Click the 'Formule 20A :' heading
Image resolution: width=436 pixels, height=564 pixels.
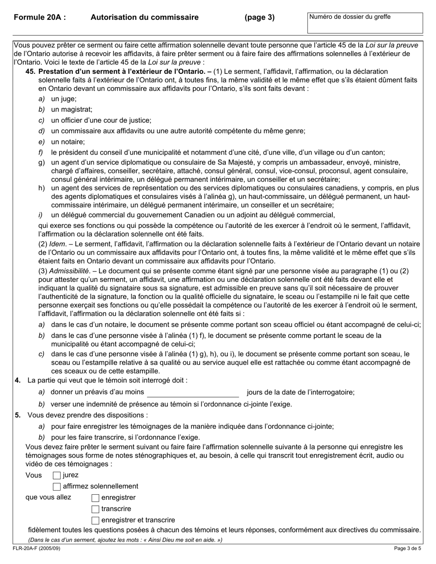coord(39,17)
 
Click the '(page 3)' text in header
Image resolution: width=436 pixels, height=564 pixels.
coord(259,17)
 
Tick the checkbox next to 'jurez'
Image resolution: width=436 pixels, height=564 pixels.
coord(57,476)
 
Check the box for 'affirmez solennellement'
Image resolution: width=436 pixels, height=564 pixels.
coord(57,487)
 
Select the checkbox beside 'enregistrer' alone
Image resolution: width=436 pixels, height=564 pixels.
coord(95,498)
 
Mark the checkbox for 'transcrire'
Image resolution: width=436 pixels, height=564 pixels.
coord(95,509)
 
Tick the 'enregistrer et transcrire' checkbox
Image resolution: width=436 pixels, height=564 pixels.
coord(95,520)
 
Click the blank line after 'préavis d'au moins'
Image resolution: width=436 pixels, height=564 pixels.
coord(193,393)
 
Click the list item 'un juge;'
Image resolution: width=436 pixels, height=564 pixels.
coord(64,99)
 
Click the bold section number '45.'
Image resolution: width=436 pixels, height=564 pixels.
coord(31,72)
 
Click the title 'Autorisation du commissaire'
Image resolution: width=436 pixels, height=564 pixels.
coord(145,17)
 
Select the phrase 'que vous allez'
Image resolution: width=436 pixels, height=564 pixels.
coord(48,498)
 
